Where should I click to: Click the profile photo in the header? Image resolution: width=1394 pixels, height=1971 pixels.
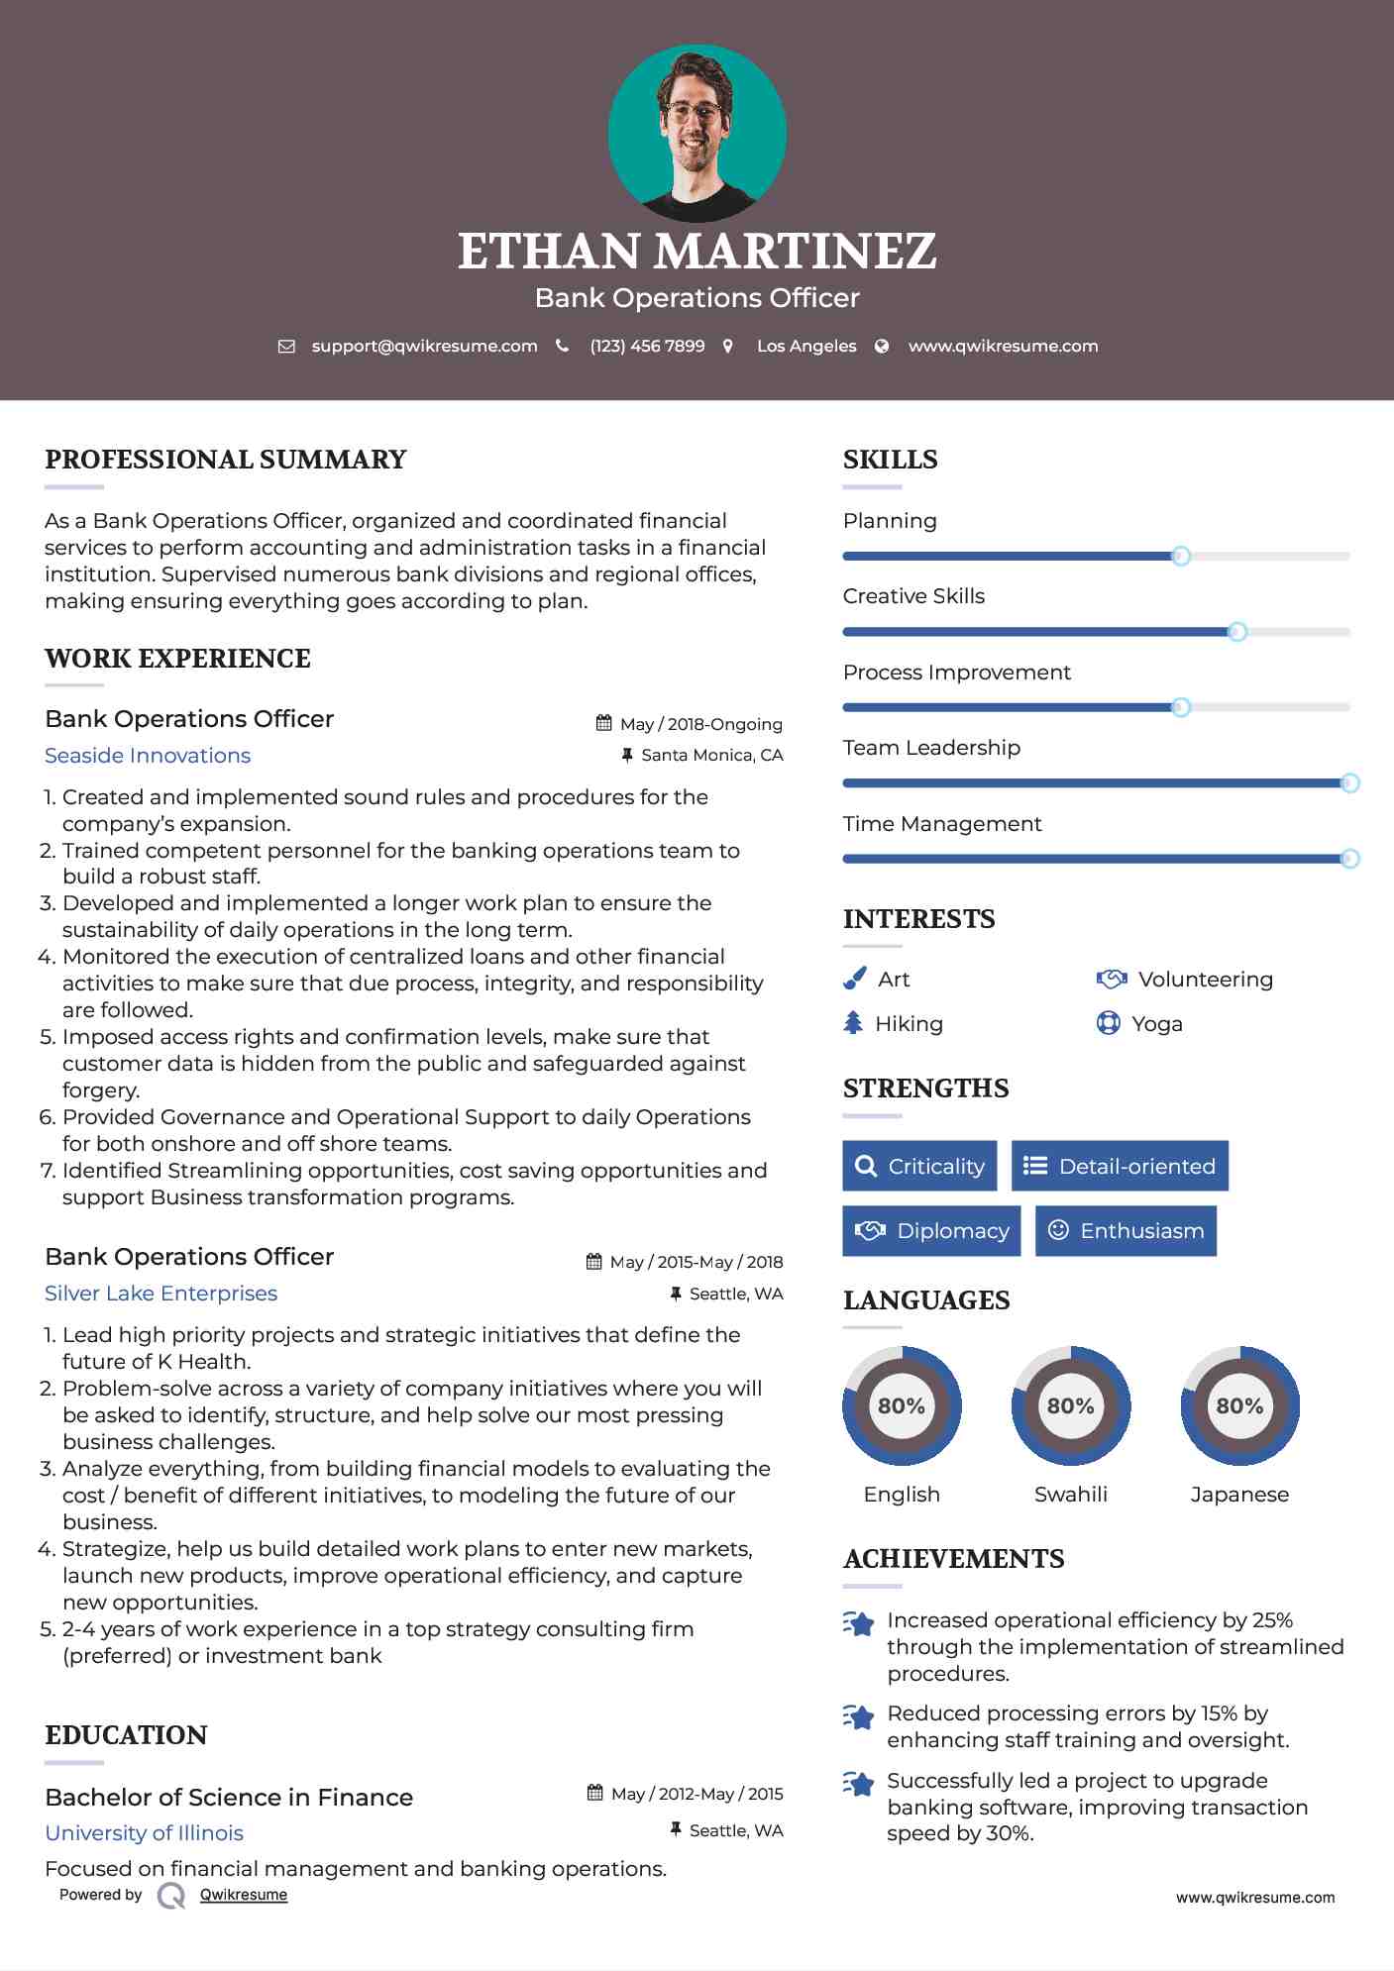697,133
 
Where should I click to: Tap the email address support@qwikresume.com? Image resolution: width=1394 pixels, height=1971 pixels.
424,346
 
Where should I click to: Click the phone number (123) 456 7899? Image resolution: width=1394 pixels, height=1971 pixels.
647,346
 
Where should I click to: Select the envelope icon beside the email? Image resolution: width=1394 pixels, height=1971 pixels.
286,346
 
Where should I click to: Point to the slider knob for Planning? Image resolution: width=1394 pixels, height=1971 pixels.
1180,556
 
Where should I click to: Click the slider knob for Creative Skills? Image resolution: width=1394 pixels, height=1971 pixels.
1236,632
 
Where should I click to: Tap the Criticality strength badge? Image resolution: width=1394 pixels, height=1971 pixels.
919,1166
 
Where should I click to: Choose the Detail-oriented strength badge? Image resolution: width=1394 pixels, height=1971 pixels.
1120,1166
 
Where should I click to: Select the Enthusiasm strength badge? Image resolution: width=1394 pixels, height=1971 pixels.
1126,1230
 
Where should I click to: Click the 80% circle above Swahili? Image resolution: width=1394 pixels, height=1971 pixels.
1070,1405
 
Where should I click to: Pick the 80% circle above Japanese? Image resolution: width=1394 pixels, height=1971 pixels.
1239,1405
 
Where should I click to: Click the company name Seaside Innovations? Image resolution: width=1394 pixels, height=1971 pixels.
148,756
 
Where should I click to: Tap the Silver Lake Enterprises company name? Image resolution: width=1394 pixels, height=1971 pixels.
161,1294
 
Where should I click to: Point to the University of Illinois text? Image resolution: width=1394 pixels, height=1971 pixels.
144,1832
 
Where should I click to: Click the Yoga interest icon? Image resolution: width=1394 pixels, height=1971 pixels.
1108,1023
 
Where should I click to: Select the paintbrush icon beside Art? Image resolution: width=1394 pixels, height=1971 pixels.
854,979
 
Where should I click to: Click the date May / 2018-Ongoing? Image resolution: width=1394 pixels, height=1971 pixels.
700,724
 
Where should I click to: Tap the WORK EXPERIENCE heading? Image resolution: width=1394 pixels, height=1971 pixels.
177,659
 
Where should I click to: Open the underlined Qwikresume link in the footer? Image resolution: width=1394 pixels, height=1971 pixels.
243,1895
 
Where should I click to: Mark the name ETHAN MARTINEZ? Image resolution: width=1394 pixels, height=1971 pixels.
697,251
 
